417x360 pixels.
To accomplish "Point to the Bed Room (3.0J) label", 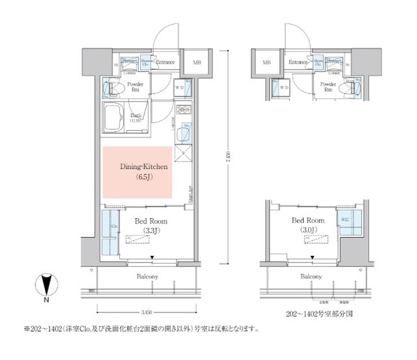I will click(x=308, y=225).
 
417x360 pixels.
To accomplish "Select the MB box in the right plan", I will click(x=266, y=63).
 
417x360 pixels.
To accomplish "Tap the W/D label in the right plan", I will click(x=283, y=87).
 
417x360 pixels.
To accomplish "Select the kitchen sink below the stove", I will click(x=184, y=134).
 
